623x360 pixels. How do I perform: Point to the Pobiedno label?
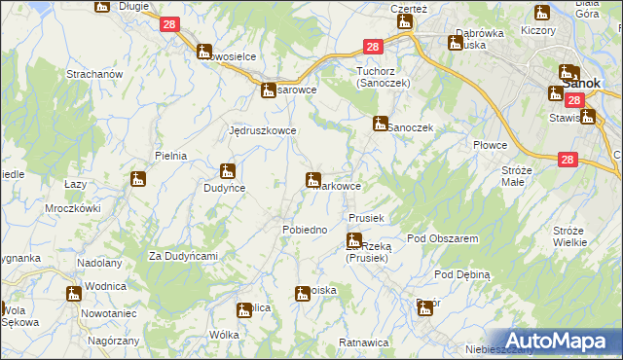click(x=304, y=229)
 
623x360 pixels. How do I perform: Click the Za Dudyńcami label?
click(x=182, y=256)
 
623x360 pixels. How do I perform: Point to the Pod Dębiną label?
click(x=461, y=274)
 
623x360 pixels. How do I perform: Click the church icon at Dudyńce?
click(x=228, y=170)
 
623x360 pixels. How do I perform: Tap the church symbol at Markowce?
click(x=313, y=179)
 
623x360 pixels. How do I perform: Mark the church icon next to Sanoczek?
click(x=380, y=124)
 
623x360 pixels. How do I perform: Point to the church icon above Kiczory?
click(x=542, y=13)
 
